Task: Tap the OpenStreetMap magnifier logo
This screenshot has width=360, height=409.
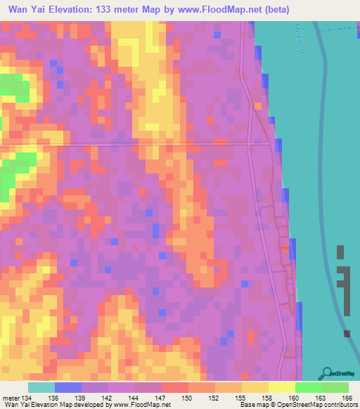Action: click(328, 374)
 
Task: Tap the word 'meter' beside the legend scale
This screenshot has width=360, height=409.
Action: click(11, 398)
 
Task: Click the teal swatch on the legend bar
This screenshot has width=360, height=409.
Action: click(41, 387)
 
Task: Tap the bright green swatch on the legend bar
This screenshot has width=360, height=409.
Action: click(309, 387)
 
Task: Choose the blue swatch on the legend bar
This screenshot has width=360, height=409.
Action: click(67, 387)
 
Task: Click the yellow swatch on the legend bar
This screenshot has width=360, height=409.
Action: click(282, 387)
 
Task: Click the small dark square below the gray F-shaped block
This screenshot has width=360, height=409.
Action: click(347, 334)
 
